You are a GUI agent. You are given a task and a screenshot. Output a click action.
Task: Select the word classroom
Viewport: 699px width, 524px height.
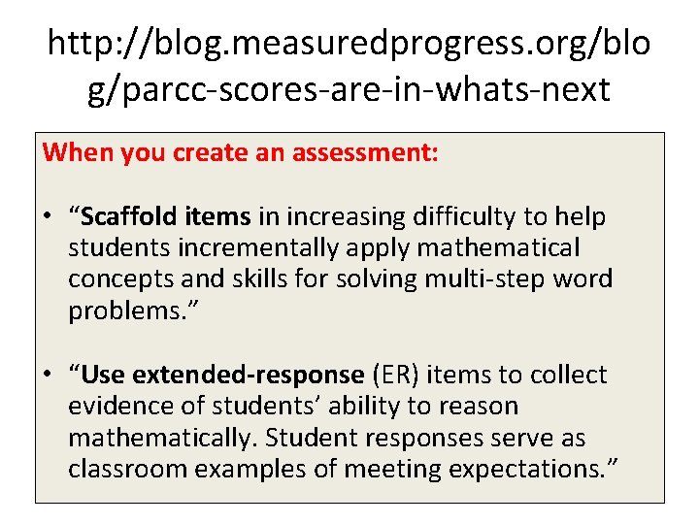pos(128,469)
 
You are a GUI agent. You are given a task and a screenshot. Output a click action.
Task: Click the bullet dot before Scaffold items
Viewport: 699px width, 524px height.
pos(49,217)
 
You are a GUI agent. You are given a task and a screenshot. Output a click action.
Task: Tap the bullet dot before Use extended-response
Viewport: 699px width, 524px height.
pos(49,376)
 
